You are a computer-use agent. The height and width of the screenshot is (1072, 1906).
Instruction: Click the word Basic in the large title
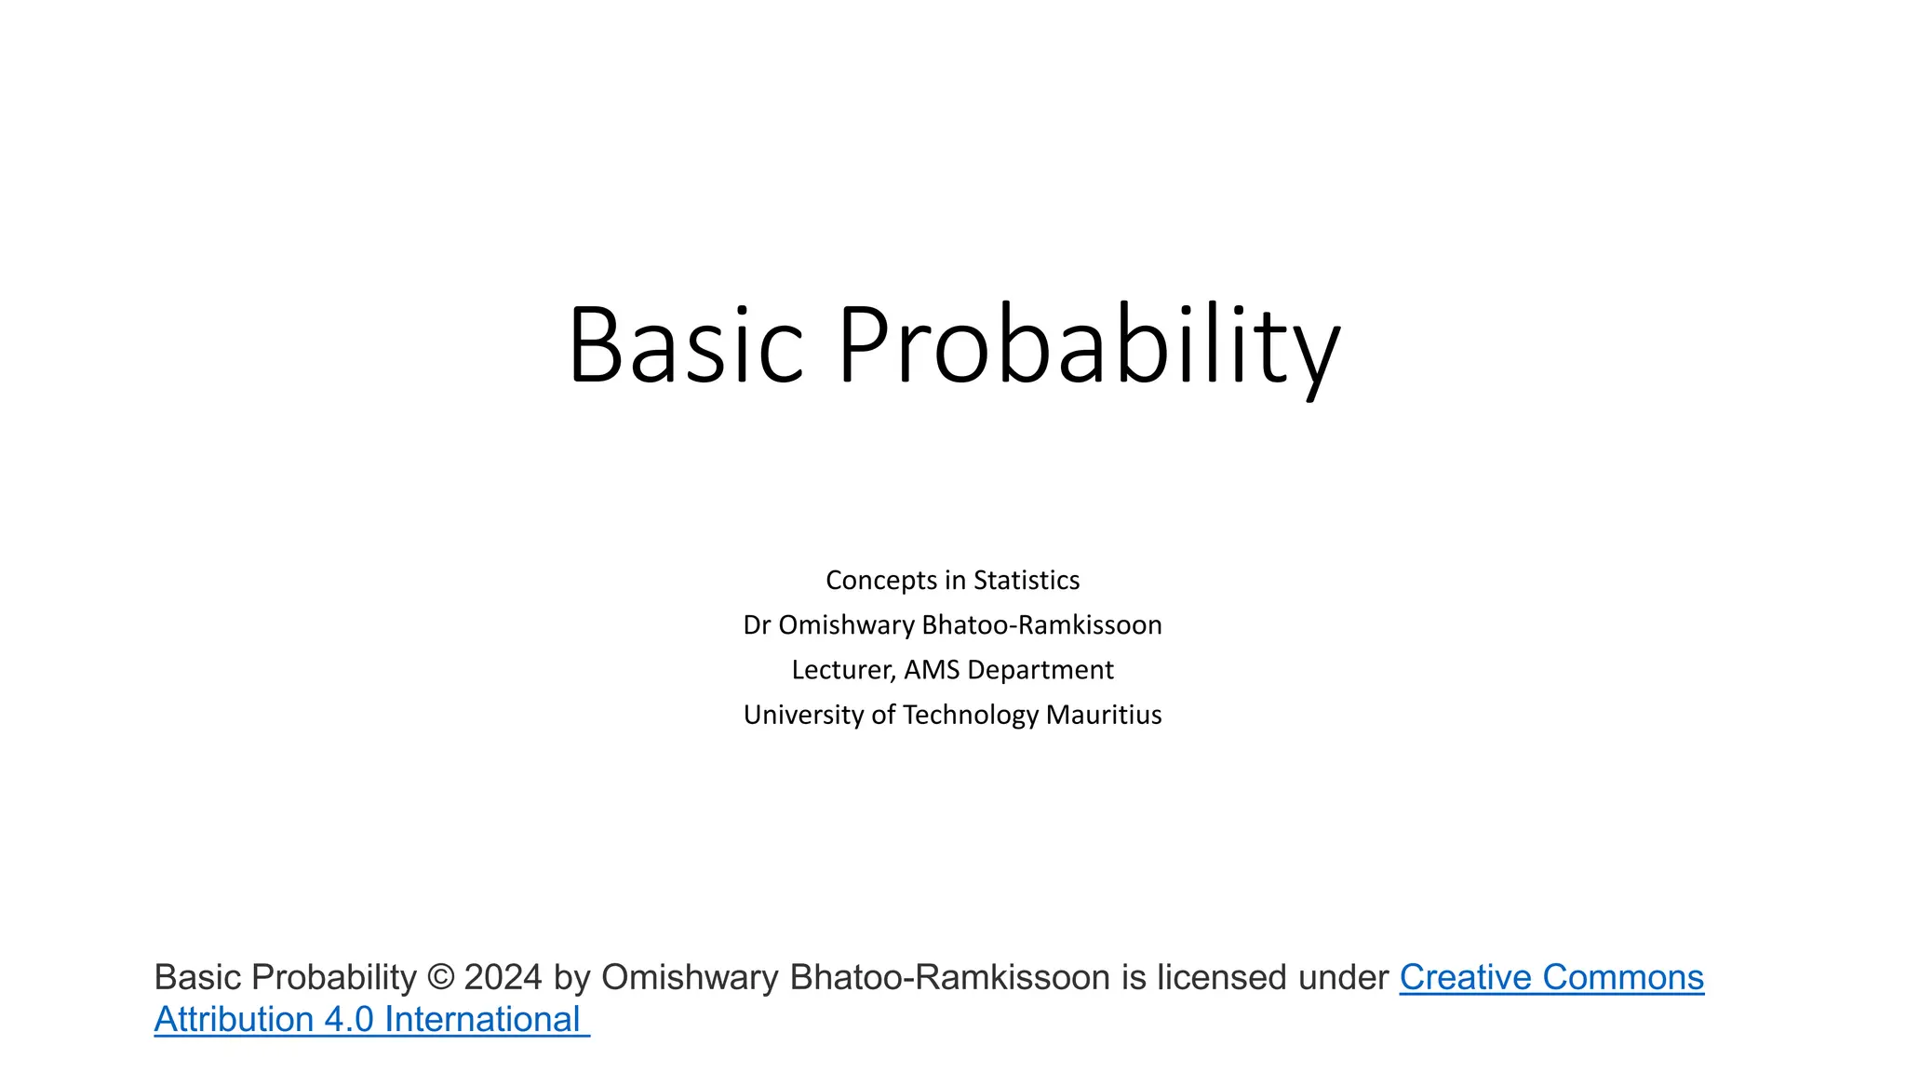[685, 344]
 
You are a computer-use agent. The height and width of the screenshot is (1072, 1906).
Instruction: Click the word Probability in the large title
[1089, 344]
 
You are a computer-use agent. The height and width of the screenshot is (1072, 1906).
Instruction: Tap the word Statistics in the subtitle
[1027, 581]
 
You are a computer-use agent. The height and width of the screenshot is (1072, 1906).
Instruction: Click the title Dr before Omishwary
[757, 625]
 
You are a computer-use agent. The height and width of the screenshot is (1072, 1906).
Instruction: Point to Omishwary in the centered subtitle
[846, 625]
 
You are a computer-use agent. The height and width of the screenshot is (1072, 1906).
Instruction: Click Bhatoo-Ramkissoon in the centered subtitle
[1041, 625]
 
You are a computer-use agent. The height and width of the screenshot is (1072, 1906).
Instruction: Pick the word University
[803, 715]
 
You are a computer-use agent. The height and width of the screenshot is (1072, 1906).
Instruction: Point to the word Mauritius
[1104, 715]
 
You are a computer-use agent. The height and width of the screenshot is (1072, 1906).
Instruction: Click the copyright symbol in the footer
[440, 978]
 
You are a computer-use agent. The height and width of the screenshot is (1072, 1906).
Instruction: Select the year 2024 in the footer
[503, 978]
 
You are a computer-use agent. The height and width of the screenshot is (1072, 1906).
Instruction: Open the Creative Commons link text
[1551, 978]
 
